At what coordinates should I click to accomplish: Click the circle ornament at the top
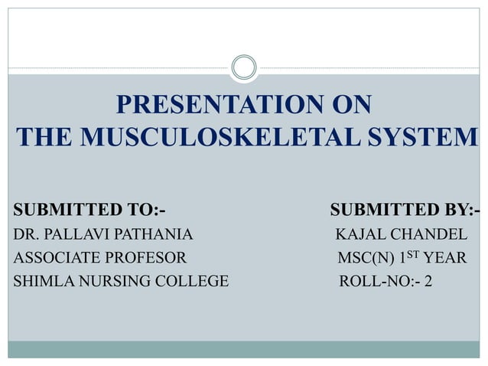[x=243, y=67]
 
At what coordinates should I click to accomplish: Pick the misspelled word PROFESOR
[x=148, y=258]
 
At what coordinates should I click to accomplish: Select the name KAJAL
[x=362, y=234]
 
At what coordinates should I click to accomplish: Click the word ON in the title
[x=353, y=105]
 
